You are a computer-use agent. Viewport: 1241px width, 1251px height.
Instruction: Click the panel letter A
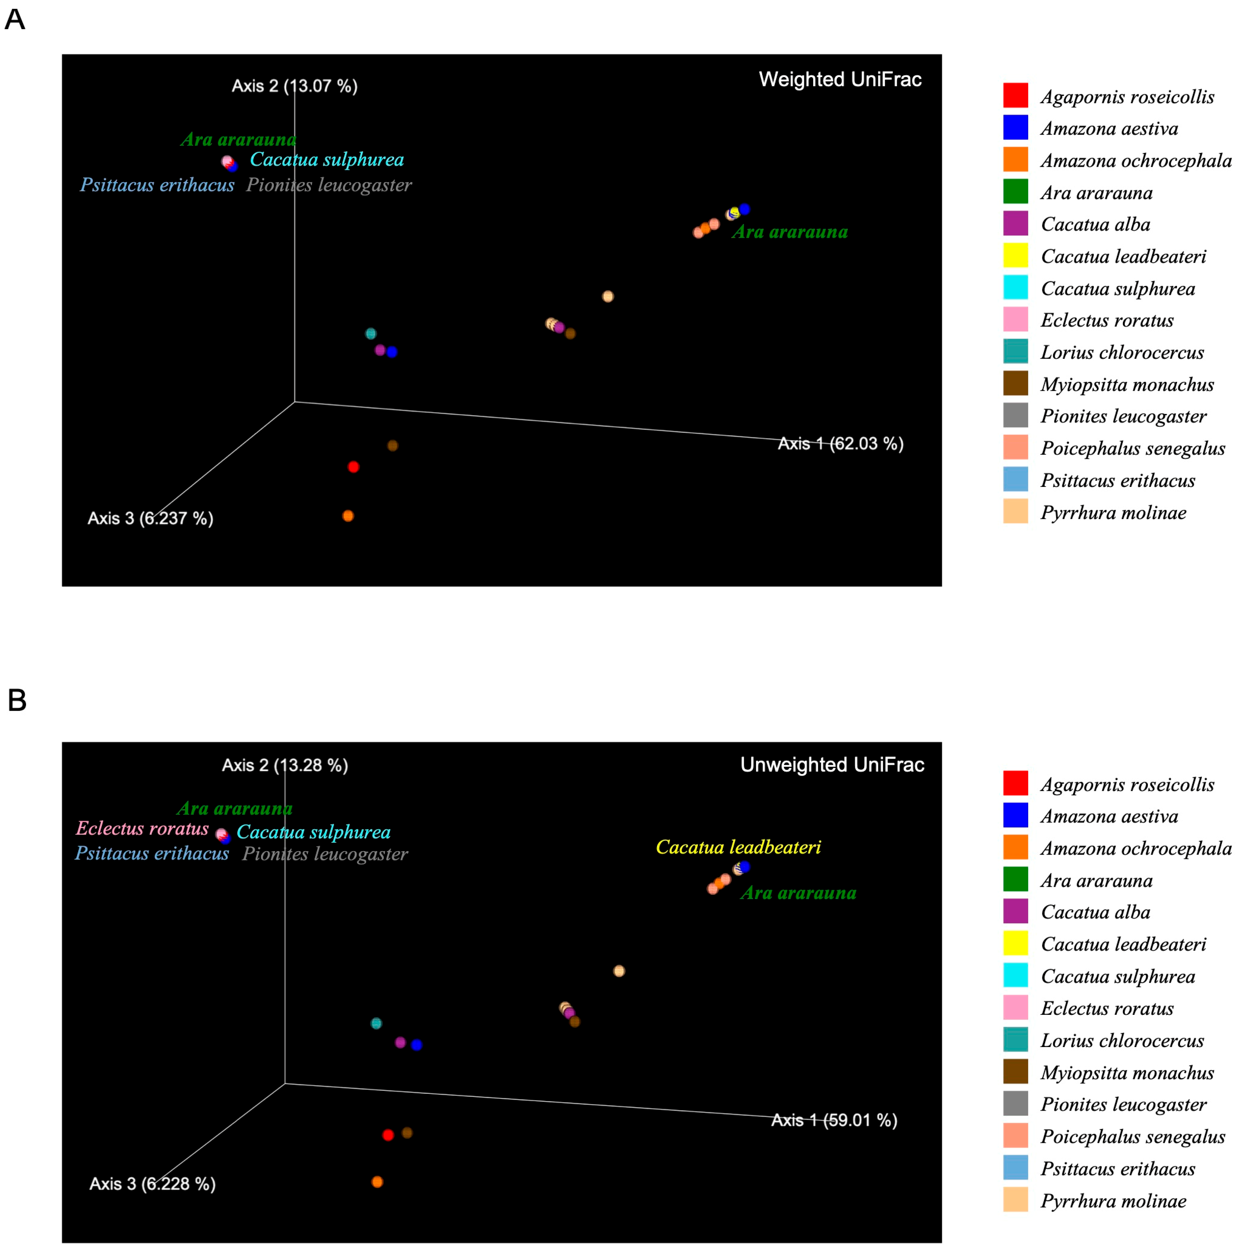click(15, 20)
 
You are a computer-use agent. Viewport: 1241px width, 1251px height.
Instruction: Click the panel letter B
click(17, 700)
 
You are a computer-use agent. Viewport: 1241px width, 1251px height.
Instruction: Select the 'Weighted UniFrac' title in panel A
click(840, 80)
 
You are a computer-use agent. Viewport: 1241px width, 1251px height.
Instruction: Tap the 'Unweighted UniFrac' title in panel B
click(832, 765)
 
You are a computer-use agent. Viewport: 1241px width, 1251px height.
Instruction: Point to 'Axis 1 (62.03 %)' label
click(840, 444)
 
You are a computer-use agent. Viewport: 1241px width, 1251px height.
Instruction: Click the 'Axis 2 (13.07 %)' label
click(294, 86)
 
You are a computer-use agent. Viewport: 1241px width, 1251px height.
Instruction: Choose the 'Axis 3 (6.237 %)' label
click(150, 518)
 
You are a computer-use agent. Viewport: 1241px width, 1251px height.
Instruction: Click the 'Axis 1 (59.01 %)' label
click(834, 1120)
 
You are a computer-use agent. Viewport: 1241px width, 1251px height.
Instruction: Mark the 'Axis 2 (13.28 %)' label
click(285, 765)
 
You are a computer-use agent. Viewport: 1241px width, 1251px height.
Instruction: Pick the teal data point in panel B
click(376, 1023)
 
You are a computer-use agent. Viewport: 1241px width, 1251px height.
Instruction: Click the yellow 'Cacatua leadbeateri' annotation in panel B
click(738, 847)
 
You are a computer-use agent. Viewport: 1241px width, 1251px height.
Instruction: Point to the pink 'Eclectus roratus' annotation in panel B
click(142, 828)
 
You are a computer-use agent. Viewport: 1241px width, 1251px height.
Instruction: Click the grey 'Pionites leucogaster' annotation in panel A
click(329, 185)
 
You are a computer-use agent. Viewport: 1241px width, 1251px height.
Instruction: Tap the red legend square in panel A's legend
click(1015, 95)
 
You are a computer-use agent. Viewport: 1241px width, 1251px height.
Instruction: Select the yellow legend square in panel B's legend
click(1015, 944)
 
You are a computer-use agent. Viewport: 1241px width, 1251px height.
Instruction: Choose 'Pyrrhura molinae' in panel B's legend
click(1113, 1201)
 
